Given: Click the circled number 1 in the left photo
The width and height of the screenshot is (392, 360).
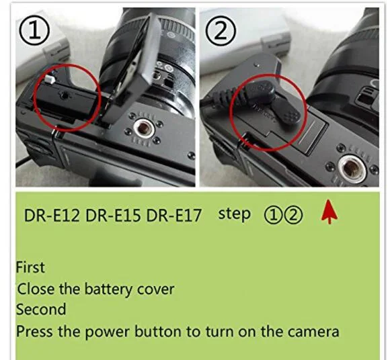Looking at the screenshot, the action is [34, 30].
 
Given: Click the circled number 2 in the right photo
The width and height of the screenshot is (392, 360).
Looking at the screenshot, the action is [221, 30].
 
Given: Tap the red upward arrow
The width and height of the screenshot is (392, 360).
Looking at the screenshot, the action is [329, 212].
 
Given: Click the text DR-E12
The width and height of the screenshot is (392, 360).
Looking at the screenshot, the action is [52, 216].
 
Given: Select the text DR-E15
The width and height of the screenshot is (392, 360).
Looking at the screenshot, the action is [113, 216].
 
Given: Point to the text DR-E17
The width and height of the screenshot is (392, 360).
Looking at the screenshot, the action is [173, 216].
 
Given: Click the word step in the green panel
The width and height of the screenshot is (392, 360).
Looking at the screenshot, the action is [234, 214].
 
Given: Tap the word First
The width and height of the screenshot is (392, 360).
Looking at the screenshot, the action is [30, 267].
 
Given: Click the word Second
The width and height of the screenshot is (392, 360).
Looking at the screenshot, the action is [41, 310].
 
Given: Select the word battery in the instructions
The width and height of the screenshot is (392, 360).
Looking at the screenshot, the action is [108, 290].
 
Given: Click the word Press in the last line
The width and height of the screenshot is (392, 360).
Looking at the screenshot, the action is [34, 332].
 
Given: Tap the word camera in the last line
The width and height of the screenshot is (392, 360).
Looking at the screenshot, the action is [313, 332].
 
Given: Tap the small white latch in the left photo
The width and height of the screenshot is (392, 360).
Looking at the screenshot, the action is [50, 79].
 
